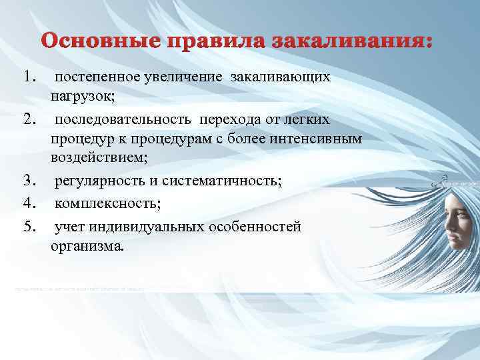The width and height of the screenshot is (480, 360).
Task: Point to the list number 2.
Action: [x=29, y=119]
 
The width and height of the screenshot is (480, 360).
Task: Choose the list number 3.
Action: [x=29, y=180]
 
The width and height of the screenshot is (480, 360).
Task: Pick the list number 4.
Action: [x=29, y=202]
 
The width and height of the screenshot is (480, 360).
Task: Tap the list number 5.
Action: [x=29, y=227]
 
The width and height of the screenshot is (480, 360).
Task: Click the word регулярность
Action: [x=98, y=181]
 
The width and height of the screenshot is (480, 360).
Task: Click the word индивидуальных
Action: [x=152, y=227]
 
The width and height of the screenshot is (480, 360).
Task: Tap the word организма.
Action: [x=87, y=246]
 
